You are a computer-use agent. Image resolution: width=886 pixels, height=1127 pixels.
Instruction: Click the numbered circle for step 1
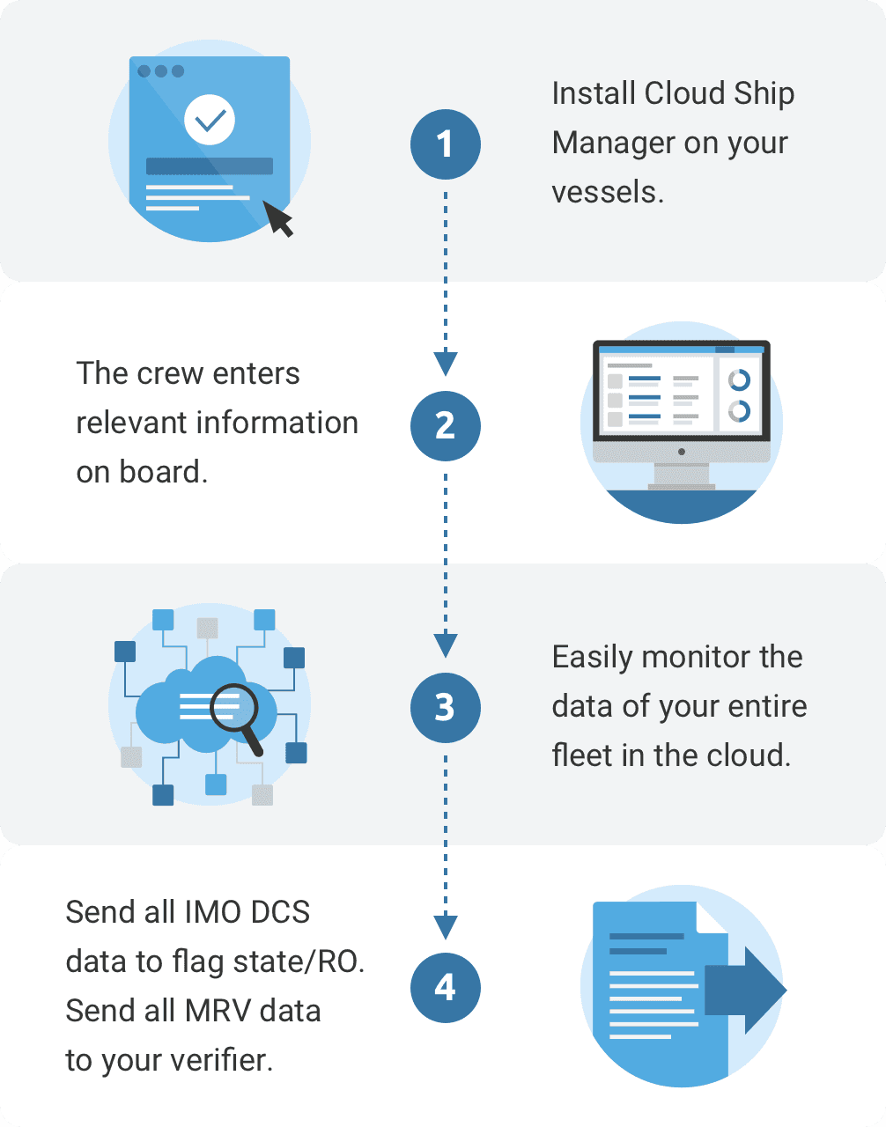pyautogui.click(x=445, y=144)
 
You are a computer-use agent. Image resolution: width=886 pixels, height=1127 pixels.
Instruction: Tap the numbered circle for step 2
pyautogui.click(x=445, y=426)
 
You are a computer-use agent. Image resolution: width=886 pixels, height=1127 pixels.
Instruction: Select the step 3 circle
pyautogui.click(x=445, y=707)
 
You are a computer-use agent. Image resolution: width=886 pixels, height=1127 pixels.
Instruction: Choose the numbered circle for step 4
pyautogui.click(x=445, y=988)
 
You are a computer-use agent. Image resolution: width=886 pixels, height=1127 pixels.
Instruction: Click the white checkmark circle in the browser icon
pyautogui.click(x=210, y=120)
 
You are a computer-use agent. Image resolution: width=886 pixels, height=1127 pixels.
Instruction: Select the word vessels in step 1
pyautogui.click(x=606, y=192)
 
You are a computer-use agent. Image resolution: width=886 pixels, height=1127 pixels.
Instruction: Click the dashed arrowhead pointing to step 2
pyautogui.click(x=446, y=362)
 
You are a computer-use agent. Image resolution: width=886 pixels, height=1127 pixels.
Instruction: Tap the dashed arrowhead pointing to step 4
pyautogui.click(x=446, y=925)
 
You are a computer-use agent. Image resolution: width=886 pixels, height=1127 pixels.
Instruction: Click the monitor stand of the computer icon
pyautogui.click(x=682, y=475)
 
